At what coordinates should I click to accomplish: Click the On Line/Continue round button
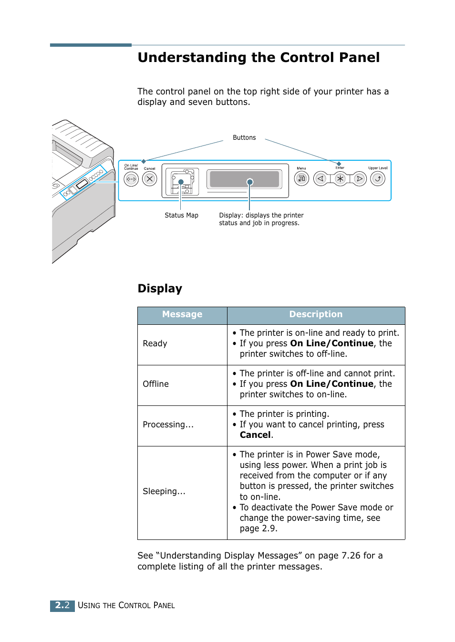coord(131,179)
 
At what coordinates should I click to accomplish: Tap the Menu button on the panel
coord(301,178)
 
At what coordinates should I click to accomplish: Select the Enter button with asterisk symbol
coord(340,178)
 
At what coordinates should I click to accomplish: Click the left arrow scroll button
coord(321,178)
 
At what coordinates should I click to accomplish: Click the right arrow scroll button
coord(360,178)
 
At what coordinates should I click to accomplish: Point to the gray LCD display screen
coord(244,179)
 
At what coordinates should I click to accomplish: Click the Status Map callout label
coord(181,215)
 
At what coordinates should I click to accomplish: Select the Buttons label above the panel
coord(244,137)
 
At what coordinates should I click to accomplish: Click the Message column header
coord(182,314)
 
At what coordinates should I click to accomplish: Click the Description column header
coord(316,314)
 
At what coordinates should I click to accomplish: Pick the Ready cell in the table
coord(155,343)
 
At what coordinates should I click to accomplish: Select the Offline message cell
coord(156,384)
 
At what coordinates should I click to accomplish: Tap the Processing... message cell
coord(168,425)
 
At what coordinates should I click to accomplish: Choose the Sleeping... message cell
coord(164,491)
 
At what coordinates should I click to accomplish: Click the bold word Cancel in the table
coord(255,435)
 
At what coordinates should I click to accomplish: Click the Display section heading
coord(160,289)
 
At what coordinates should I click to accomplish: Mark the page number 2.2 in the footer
coord(62,605)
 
